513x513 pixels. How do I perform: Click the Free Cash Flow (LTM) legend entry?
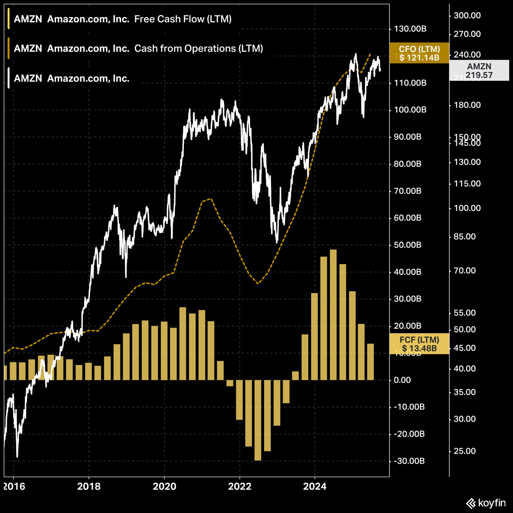[122, 19]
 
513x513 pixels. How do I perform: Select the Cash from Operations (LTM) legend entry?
[138, 49]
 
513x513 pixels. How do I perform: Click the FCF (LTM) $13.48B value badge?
[419, 344]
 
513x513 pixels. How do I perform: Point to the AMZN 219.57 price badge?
[479, 71]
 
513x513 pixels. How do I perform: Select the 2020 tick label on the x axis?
[164, 486]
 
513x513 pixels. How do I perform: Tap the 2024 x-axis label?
[315, 486]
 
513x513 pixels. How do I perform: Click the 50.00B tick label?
[407, 245]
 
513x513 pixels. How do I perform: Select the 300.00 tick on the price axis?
[467, 15]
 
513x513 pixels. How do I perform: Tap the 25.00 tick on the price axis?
[464, 451]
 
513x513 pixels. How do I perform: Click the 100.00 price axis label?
[467, 208]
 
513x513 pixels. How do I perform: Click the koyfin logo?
[485, 503]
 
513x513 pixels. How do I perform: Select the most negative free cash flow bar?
[258, 420]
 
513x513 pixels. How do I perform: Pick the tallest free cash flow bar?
[333, 315]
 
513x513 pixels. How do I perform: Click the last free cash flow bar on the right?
[371, 362]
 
